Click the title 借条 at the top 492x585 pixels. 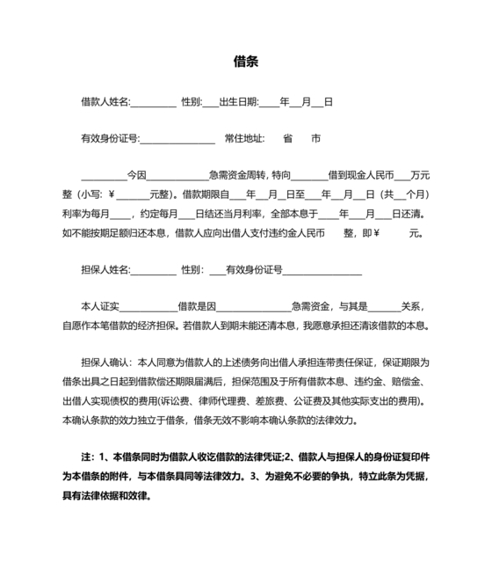[x=246, y=62]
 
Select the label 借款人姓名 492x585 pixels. [x=105, y=103]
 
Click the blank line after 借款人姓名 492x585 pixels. [x=153, y=104]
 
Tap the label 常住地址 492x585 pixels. [x=243, y=138]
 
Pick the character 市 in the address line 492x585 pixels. [x=316, y=138]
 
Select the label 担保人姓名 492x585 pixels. [x=105, y=269]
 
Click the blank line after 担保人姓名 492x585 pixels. [x=153, y=270]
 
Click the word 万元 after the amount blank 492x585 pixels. [x=420, y=174]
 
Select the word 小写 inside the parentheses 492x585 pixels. [x=93, y=194]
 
